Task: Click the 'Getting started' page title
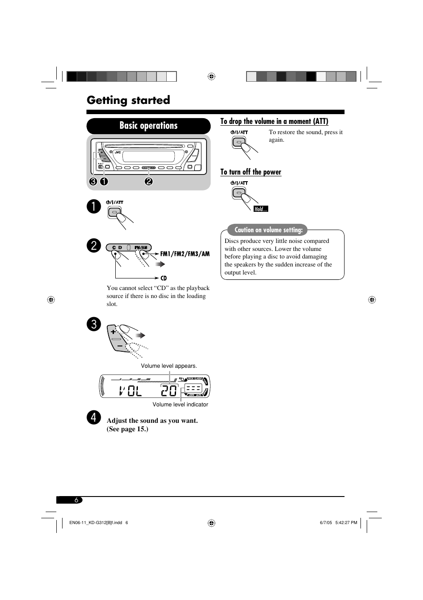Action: tap(128, 100)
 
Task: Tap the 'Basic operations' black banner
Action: tap(148, 126)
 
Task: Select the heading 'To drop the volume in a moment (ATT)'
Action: tap(274, 121)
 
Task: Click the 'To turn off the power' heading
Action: tap(251, 172)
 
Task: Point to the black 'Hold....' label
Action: tap(261, 209)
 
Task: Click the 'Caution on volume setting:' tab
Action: tap(268, 230)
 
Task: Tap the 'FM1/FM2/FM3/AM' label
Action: tap(184, 254)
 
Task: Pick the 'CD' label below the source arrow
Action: tap(164, 278)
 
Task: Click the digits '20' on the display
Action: tap(169, 391)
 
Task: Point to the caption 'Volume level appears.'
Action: tap(169, 366)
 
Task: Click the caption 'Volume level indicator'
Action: tap(180, 405)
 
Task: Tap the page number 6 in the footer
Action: tap(76, 500)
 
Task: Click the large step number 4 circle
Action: tap(94, 417)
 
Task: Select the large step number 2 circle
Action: tap(94, 246)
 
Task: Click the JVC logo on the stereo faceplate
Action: tap(117, 152)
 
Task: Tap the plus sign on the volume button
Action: tap(113, 331)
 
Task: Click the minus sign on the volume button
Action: tap(120, 346)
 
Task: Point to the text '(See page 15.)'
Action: tap(127, 429)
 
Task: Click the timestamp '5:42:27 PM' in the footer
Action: tap(346, 523)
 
